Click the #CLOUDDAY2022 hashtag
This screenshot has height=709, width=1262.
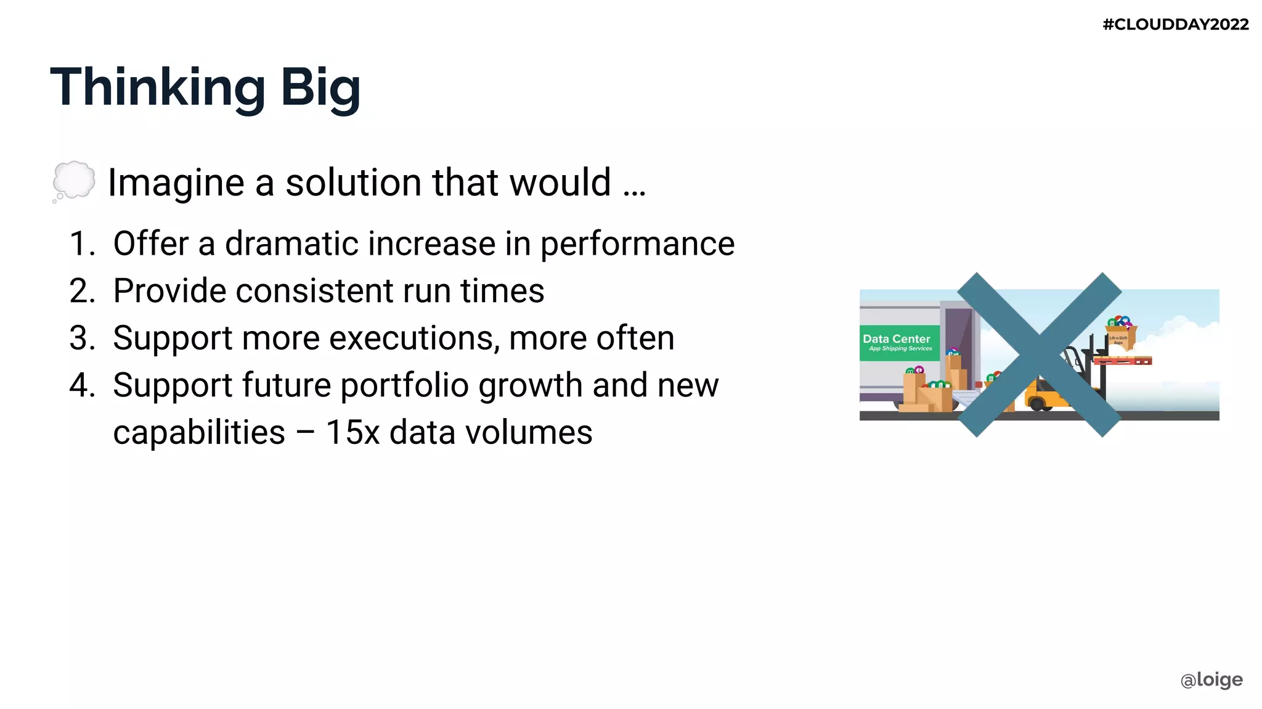click(1175, 25)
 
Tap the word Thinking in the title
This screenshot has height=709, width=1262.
click(158, 88)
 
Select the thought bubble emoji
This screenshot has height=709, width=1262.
click(74, 181)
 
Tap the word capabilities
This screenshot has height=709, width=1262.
click(199, 433)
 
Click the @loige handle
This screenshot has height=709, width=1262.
click(1211, 679)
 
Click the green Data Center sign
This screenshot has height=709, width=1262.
click(899, 343)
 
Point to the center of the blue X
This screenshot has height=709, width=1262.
click(1039, 354)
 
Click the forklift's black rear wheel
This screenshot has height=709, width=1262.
click(1037, 404)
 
